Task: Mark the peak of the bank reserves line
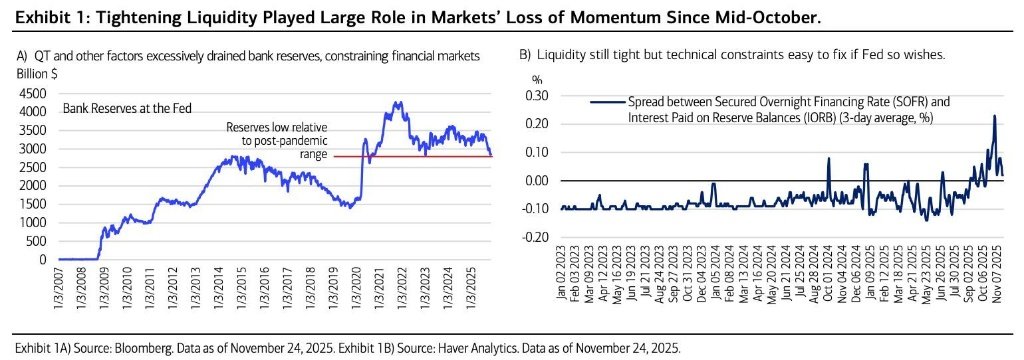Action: [395, 103]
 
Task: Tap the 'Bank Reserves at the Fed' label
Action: [127, 108]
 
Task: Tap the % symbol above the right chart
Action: [537, 80]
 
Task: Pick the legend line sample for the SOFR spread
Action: [607, 102]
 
